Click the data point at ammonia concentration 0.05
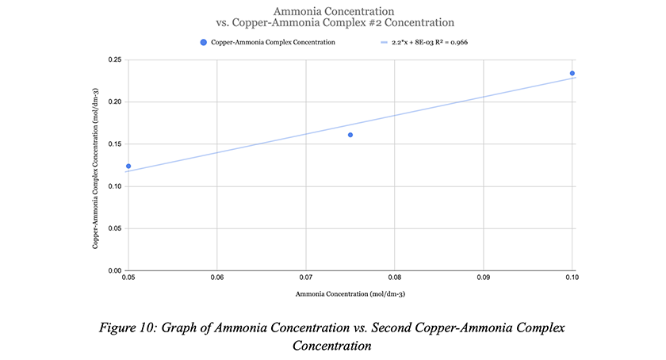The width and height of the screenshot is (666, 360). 128,167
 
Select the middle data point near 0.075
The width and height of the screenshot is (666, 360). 350,135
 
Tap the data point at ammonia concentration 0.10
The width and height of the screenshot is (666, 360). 572,74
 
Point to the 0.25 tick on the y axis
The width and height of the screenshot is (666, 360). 115,60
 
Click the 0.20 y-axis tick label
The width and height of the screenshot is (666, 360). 115,102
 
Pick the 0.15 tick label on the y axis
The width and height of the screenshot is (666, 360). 115,144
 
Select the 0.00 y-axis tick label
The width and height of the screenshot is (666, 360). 115,270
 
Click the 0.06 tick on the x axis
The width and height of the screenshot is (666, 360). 217,278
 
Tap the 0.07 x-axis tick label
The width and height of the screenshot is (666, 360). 306,278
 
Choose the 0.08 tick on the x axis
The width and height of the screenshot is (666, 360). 395,278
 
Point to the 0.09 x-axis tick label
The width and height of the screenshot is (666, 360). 484,278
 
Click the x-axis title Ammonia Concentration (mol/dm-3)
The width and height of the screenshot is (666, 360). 350,294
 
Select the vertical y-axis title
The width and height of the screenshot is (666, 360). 96,168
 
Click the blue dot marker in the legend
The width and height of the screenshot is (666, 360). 204,43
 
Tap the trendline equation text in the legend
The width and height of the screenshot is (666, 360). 430,43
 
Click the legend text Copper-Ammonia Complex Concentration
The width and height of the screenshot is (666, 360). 273,43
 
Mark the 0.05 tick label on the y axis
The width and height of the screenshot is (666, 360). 115,228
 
